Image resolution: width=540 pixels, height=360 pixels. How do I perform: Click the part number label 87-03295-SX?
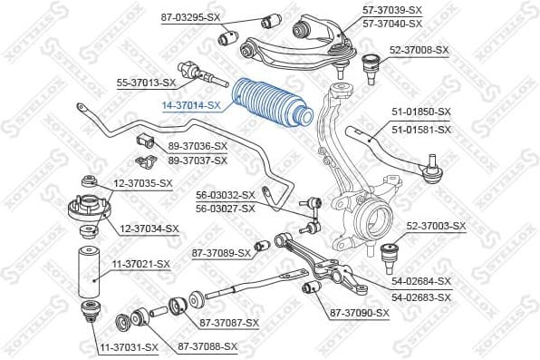[190, 17]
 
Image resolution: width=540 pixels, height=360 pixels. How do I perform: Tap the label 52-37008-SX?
[419, 51]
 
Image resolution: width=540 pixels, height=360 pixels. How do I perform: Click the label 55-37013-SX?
[146, 83]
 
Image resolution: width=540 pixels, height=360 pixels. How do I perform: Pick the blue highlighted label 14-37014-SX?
[191, 105]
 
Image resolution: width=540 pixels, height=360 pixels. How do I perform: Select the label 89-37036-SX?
[198, 146]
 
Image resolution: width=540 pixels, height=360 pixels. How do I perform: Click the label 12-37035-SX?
[141, 183]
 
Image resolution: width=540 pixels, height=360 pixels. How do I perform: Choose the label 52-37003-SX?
[434, 226]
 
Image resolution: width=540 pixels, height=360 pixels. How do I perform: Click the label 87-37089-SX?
[220, 253]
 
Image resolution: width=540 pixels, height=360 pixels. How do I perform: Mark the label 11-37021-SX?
[140, 264]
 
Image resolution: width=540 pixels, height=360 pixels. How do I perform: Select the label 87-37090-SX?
[359, 313]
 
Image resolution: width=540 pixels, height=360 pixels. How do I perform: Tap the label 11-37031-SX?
[128, 346]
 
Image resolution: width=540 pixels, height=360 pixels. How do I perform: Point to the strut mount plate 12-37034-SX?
[88, 215]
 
